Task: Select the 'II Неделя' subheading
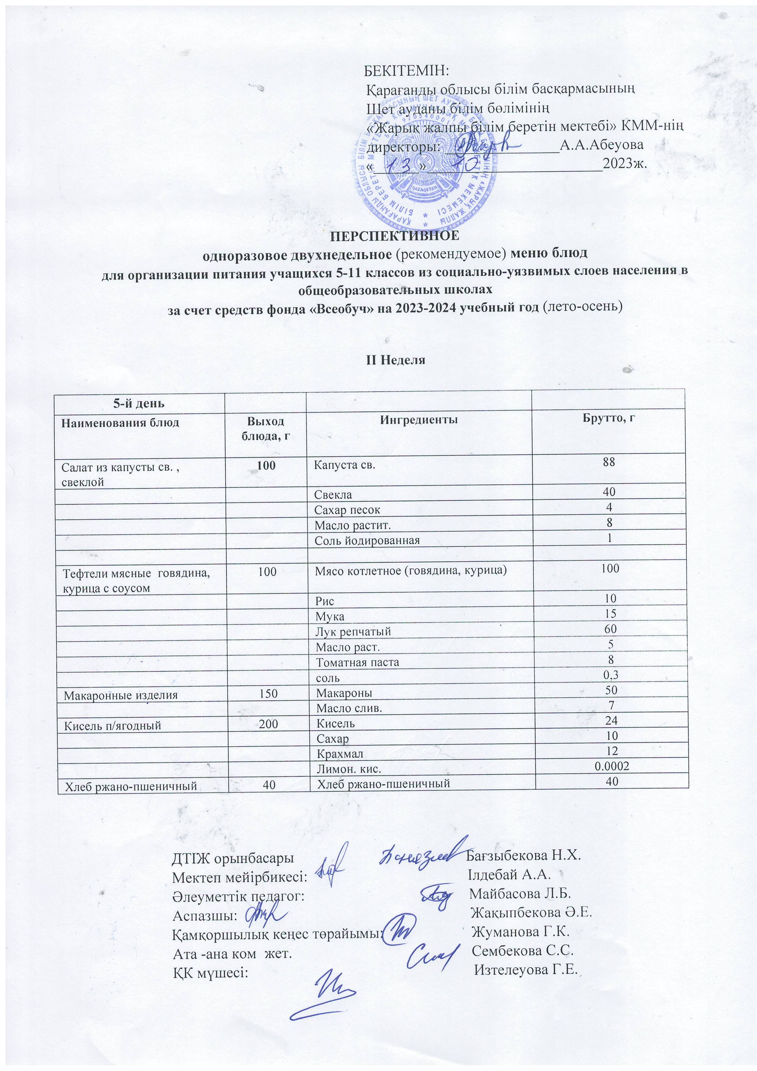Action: (x=395, y=360)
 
